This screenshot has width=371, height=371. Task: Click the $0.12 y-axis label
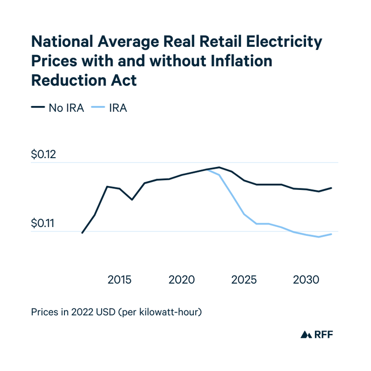point(44,155)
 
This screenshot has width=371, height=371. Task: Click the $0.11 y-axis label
point(44,224)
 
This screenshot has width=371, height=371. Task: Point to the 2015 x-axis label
point(120,280)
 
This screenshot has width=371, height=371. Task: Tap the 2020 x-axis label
point(182,280)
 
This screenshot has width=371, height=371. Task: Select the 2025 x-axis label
point(244,280)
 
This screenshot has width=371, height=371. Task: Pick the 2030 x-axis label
point(306,280)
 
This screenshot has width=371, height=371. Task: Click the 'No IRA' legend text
point(66,108)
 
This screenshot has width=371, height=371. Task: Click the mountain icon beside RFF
point(306,334)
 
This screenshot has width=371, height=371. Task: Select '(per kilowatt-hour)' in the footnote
point(159,311)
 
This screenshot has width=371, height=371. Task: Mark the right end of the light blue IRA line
point(332,234)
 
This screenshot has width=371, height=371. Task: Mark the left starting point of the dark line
point(82,233)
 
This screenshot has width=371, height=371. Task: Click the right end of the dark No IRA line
point(332,188)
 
